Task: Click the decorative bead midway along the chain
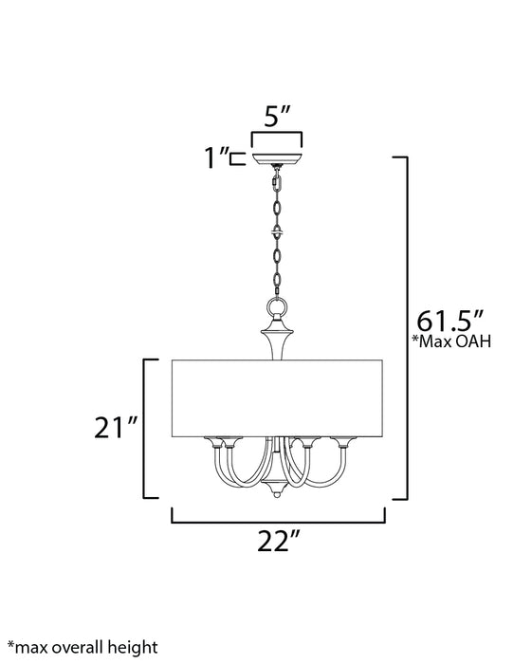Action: (277, 231)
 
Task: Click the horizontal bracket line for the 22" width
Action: (278, 521)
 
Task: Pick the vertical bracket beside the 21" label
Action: (145, 428)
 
